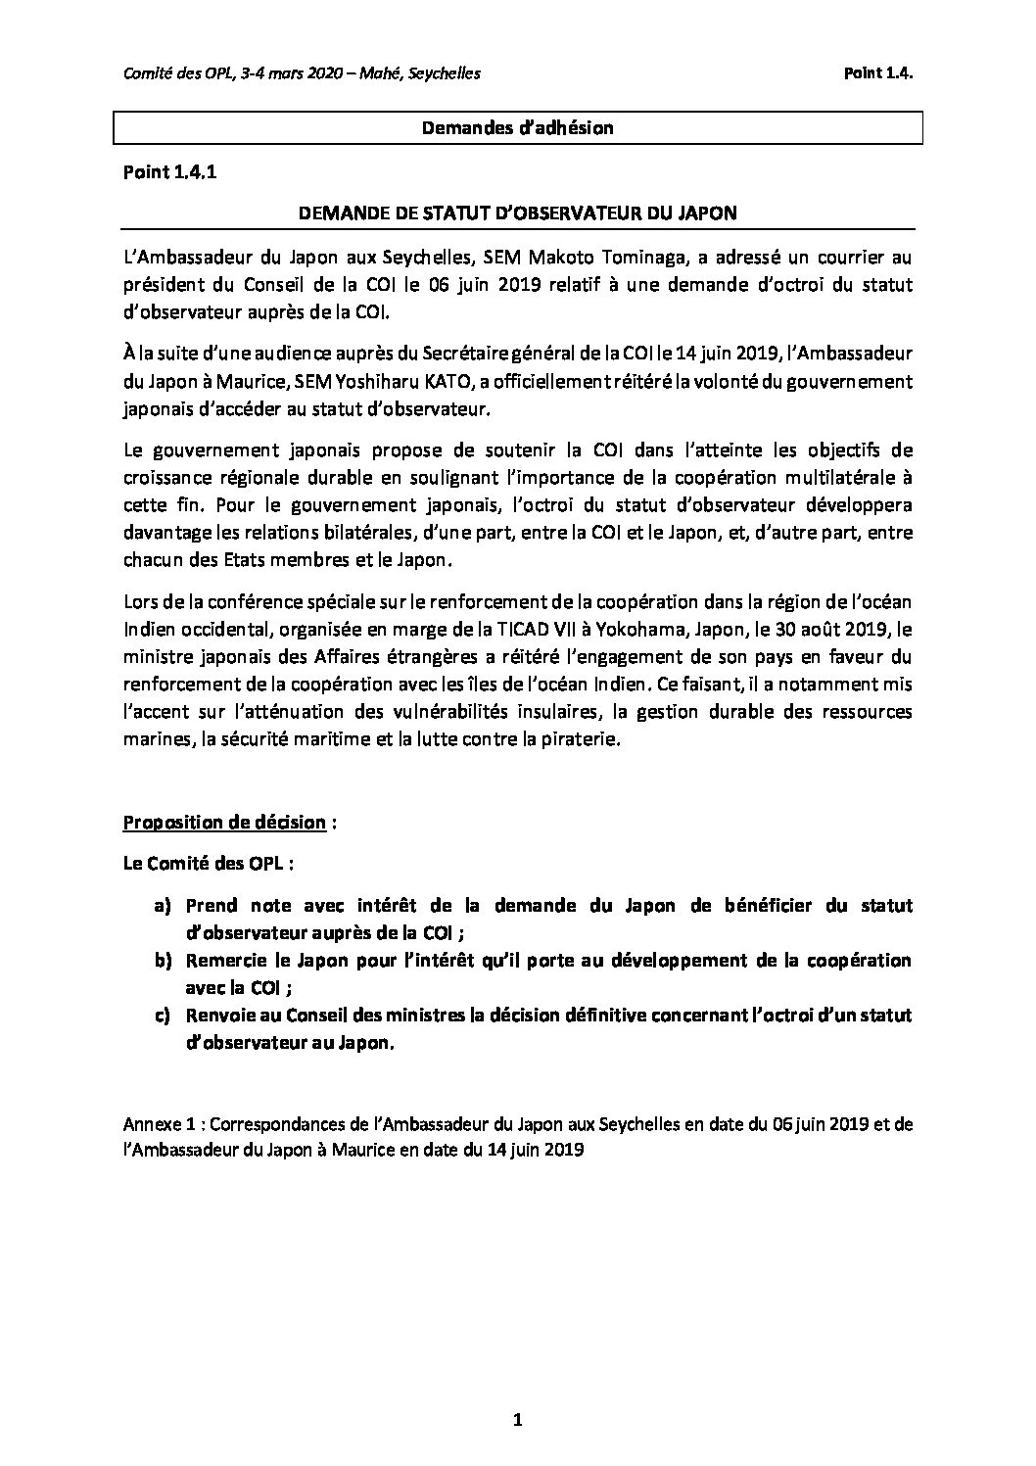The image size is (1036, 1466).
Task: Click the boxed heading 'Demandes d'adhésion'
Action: pos(517,128)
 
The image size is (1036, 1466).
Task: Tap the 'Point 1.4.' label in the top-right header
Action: pos(878,73)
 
